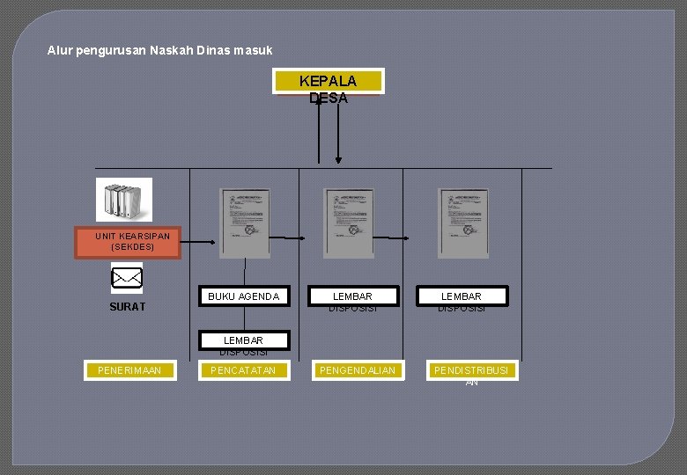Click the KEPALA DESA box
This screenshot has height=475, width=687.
point(329,81)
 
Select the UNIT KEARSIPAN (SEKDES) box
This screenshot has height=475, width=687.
point(128,243)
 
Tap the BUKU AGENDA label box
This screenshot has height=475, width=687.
point(243,296)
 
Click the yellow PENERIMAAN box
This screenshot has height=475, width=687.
point(129,370)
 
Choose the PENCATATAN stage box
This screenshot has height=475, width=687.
point(243,370)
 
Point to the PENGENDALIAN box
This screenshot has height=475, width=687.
point(358,370)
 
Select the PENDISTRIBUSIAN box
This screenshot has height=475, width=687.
point(471,370)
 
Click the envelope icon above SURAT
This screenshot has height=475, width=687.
point(127,278)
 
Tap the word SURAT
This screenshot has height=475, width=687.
point(127,307)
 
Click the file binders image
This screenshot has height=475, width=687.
point(123,200)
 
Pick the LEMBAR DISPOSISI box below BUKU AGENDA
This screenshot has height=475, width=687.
point(243,341)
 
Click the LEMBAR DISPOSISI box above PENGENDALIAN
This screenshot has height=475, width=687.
point(352,296)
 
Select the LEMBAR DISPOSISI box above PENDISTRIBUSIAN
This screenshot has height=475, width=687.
point(462,296)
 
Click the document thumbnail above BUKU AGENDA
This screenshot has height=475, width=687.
point(245,223)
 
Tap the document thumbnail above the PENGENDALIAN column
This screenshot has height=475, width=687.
point(349,223)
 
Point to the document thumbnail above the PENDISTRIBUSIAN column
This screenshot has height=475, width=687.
point(463,223)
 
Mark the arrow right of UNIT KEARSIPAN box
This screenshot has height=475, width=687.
point(199,243)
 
